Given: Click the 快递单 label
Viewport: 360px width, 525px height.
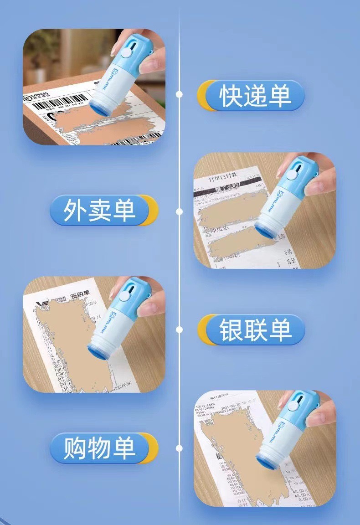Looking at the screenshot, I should (255, 96).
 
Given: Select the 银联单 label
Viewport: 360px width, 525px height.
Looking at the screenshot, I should (255, 329).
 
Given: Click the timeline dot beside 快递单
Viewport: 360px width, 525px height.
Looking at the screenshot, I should (180, 94).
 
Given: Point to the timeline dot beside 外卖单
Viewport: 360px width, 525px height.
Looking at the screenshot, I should (180, 211).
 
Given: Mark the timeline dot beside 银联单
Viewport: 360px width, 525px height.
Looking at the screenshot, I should (180, 329).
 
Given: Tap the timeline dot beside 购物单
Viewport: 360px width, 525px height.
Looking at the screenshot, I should (180, 448).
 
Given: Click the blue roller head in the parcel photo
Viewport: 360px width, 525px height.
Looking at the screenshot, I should (99, 108).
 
